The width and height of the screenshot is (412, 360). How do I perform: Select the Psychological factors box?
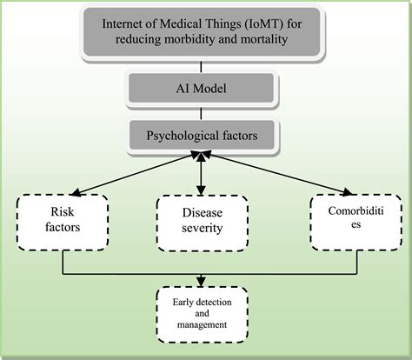(x=203, y=137)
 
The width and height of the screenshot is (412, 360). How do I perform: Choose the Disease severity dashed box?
(x=202, y=223)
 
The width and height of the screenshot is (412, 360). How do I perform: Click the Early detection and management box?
(x=203, y=314)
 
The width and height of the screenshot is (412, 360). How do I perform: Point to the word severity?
(x=203, y=230)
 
